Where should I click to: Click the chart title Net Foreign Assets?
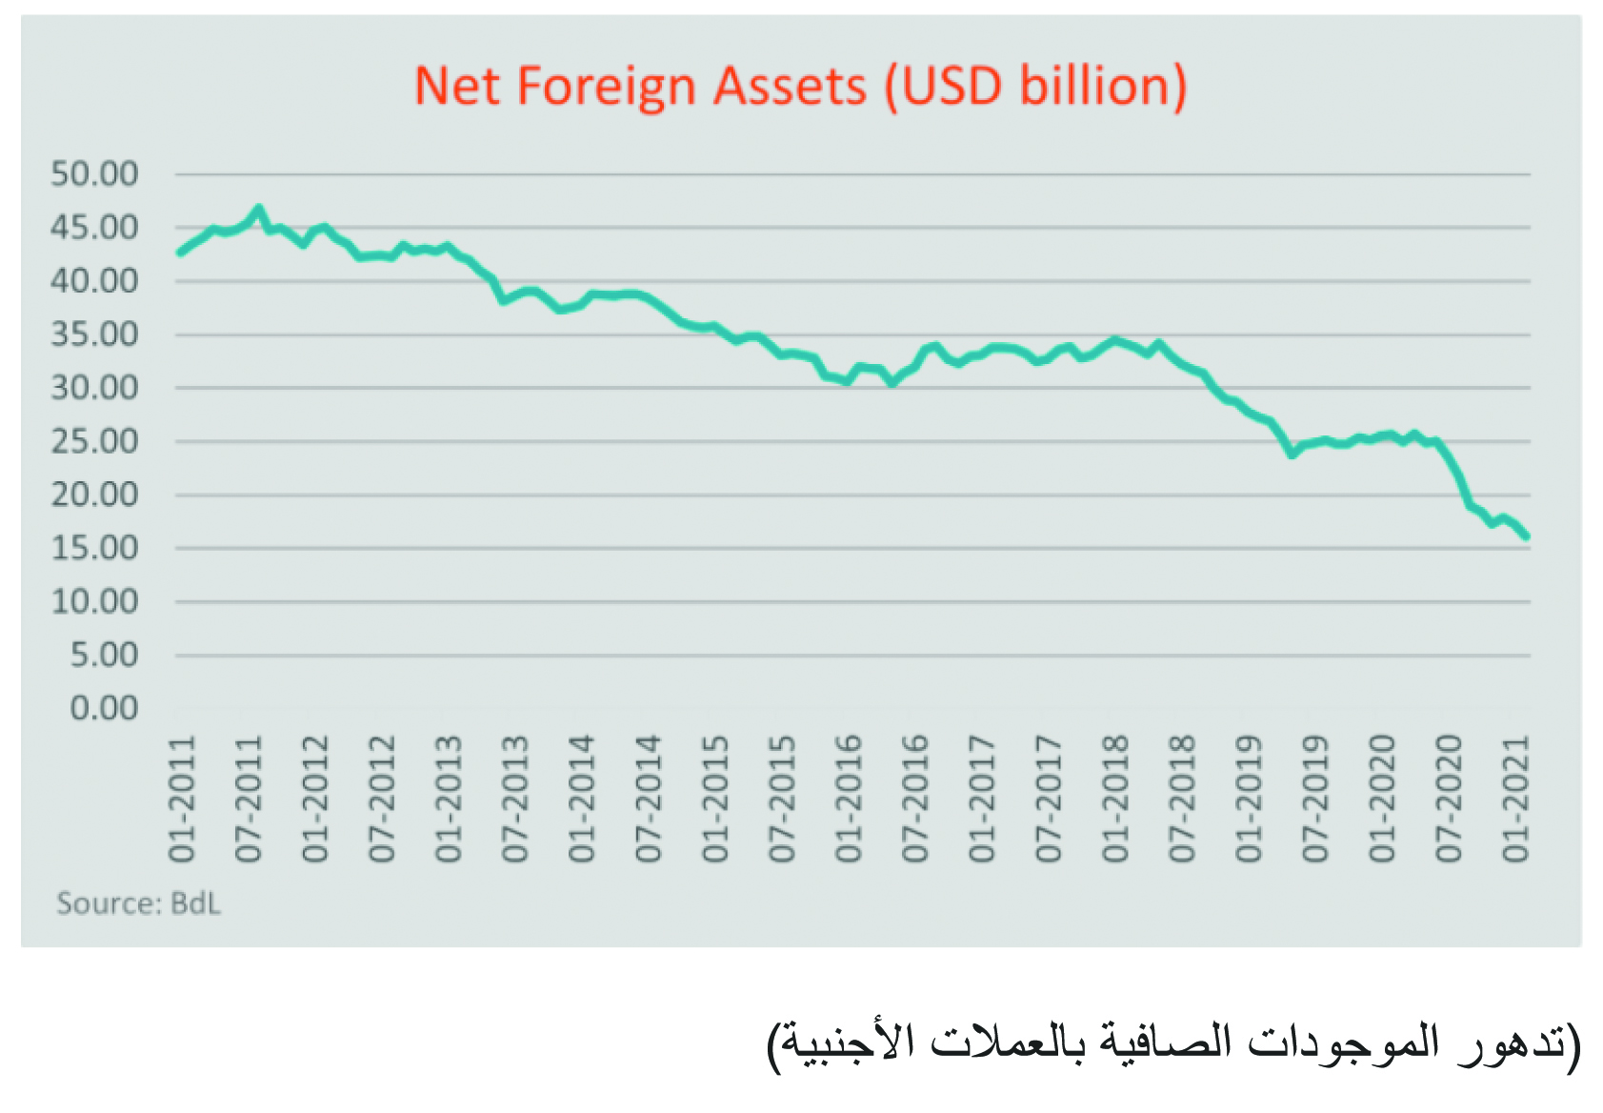point(800,86)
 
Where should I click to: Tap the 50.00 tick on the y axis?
point(94,173)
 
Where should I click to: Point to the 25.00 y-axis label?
point(94,441)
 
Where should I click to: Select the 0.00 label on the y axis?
point(104,708)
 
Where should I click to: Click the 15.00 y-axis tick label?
point(94,548)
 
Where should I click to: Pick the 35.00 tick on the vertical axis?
point(94,334)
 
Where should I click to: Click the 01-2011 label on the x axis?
point(182,799)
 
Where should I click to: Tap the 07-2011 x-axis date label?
point(249,799)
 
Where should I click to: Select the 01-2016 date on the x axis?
point(849,799)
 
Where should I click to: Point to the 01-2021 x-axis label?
point(1515,799)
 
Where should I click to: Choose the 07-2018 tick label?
point(1182,799)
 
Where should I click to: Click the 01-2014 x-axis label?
point(582,799)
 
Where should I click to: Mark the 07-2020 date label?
point(1449,799)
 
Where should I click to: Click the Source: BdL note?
point(138,903)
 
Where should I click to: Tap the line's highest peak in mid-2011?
point(258,209)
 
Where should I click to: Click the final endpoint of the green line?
point(1526,537)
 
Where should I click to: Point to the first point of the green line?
point(180,253)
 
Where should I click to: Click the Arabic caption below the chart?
point(1173,1043)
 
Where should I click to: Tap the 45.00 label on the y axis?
point(94,228)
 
